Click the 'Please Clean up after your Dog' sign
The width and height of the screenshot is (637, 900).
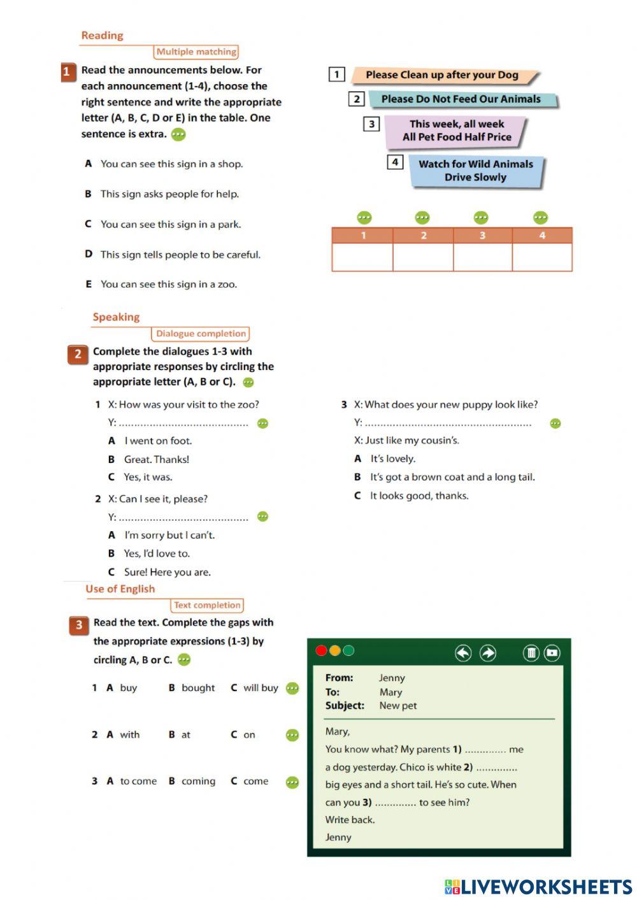click(442, 75)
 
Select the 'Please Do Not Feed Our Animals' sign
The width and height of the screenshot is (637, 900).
click(461, 99)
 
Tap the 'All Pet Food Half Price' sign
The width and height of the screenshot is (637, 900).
click(456, 131)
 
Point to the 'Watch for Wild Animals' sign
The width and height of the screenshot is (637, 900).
click(475, 171)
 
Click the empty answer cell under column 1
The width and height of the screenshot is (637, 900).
click(362, 257)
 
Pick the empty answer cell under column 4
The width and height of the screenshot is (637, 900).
click(542, 257)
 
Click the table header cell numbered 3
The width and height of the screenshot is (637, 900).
click(482, 236)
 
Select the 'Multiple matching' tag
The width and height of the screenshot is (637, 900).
click(196, 52)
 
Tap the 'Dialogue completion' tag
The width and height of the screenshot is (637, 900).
click(201, 334)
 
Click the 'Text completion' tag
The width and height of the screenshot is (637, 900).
click(207, 606)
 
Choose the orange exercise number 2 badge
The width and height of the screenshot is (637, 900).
click(78, 354)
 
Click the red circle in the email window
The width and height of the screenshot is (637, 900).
click(321, 651)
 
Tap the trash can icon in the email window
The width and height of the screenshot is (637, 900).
click(531, 653)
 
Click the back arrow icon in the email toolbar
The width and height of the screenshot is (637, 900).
click(463, 653)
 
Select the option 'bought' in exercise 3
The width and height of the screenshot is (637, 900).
click(197, 688)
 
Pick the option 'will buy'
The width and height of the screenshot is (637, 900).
click(261, 688)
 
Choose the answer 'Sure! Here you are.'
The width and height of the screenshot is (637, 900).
click(167, 572)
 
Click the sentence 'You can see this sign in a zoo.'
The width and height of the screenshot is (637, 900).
click(168, 285)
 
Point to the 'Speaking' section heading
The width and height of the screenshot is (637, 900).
click(116, 317)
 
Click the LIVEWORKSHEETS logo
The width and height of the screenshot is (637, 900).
click(538, 887)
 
